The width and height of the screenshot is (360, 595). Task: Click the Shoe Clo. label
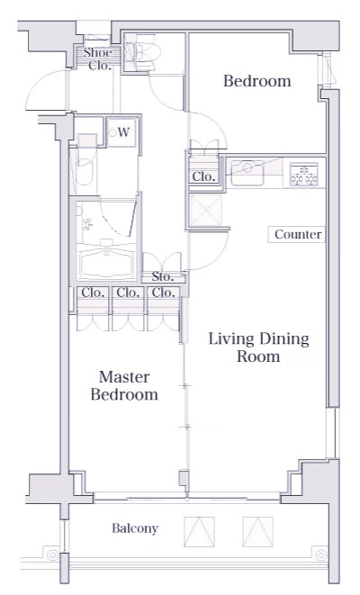98,59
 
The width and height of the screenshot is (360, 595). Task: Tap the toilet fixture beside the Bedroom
142,52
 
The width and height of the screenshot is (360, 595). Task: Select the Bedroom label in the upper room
257,81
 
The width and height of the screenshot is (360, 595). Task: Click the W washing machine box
121,132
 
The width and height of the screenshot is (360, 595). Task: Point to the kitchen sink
247,173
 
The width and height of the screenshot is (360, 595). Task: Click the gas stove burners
304,174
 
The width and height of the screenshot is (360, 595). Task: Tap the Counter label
298,234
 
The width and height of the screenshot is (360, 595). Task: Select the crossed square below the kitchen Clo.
205,211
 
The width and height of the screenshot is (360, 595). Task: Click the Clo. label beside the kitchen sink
203,176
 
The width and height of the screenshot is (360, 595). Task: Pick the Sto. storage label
163,276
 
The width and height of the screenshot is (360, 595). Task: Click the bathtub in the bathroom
106,261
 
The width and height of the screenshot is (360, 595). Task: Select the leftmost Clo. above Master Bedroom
93,293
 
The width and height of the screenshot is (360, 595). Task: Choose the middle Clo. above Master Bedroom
128,293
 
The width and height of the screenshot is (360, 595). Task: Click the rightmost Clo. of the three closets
164,293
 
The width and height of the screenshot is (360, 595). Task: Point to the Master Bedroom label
124,385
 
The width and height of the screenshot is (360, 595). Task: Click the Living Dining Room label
258,347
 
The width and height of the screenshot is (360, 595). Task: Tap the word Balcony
135,528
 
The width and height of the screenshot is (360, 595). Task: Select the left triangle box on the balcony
199,532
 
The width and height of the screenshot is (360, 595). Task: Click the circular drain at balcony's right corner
321,554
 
